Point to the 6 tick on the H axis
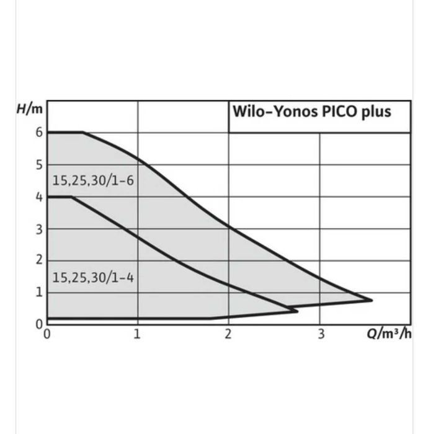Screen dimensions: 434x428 click(x=38, y=132)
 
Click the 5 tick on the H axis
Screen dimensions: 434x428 click(x=38, y=165)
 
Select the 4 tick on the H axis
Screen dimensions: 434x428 click(x=38, y=197)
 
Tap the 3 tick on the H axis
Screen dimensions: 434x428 click(x=38, y=229)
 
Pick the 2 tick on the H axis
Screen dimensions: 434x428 click(x=38, y=260)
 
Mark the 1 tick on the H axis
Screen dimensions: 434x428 click(x=38, y=292)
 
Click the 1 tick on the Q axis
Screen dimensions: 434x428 click(x=137, y=334)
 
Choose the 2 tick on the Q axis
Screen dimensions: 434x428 click(x=228, y=334)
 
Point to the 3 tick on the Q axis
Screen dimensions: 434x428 click(x=320, y=334)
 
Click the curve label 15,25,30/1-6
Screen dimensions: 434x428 click(x=92, y=182)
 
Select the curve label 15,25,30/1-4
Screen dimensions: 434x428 click(x=92, y=277)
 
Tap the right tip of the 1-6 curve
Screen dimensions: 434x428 click(x=372, y=300)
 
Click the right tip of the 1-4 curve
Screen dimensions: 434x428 click(x=297, y=310)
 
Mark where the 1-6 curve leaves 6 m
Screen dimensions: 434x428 click(x=83, y=132)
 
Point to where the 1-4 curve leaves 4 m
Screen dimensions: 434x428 click(x=71, y=197)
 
